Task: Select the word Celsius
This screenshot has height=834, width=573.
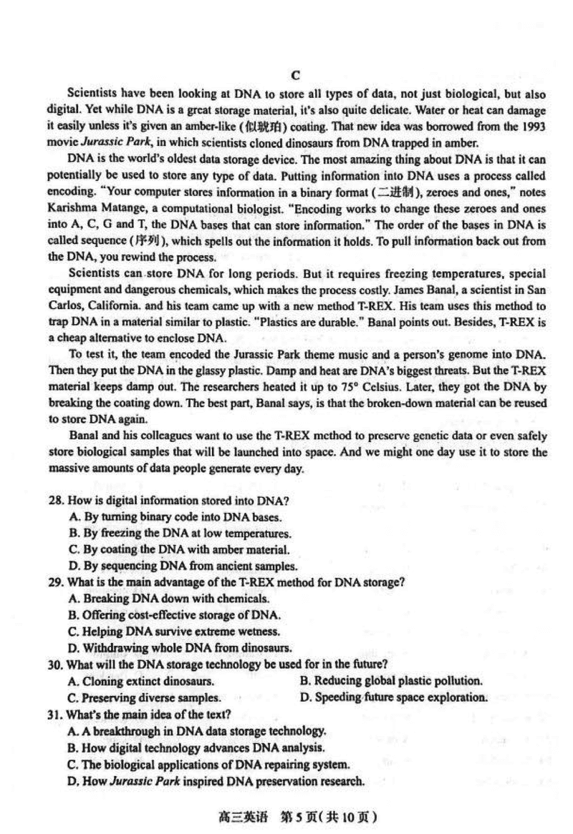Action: (x=374, y=388)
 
